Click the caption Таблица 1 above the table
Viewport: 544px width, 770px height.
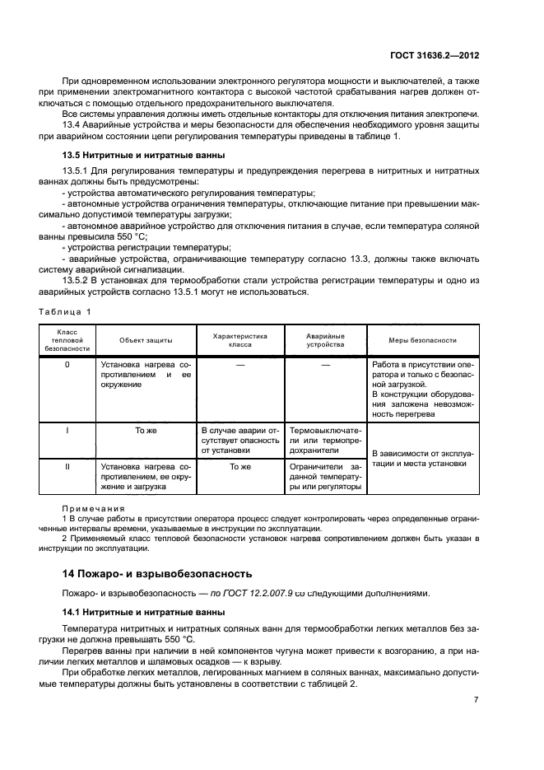point(65,311)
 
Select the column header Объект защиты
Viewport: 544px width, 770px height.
point(146,340)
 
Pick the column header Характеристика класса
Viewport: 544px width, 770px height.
point(240,340)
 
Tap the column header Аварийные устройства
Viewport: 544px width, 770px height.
point(325,340)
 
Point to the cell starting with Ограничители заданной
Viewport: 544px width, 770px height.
point(325,476)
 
